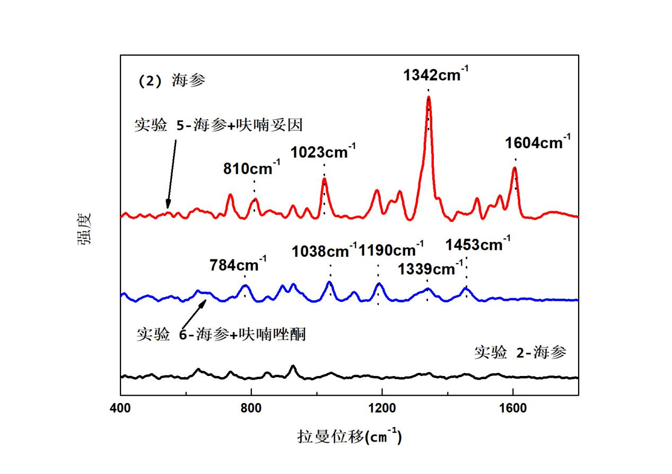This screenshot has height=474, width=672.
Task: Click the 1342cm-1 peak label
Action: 435,75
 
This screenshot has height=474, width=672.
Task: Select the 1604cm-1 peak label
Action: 537,143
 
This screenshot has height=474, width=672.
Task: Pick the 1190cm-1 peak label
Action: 391,249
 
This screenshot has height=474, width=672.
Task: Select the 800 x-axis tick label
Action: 251,409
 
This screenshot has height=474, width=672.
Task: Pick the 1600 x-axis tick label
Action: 513,409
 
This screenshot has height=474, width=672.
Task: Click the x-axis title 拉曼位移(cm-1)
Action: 349,437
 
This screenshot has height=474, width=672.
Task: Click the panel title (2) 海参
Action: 171,82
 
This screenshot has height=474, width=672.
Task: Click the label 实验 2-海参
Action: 520,353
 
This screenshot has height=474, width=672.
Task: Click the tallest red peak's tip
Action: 429,97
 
